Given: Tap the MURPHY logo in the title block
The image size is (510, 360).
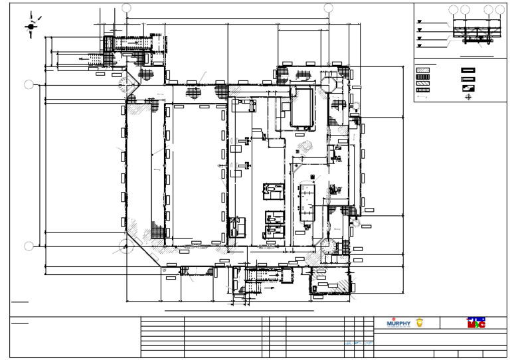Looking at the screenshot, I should click(398, 323).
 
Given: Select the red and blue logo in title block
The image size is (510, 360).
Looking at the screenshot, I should click(476, 323).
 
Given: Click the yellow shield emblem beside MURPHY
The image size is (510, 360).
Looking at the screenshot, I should click(419, 323).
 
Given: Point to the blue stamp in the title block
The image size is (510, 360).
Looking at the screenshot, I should click(357, 343).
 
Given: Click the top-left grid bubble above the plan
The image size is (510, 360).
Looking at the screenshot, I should click(127, 8).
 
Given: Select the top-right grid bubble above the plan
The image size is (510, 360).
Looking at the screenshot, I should click(328, 8).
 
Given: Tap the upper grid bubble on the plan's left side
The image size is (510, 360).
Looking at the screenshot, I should click(29, 84).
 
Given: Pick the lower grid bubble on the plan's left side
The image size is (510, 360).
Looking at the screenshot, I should click(29, 246).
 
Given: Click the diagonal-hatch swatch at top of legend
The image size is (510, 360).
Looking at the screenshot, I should click(422, 69).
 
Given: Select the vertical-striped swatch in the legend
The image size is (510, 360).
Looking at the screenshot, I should click(422, 78).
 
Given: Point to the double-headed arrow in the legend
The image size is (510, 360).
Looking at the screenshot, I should click(422, 98).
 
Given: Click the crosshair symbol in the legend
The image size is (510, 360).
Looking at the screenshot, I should click(468, 98).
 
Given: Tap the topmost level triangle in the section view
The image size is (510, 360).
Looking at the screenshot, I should click(419, 21).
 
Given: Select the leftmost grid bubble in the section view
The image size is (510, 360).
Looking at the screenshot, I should click(454, 9).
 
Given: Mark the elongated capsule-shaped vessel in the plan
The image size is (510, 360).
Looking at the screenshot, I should click(307, 200).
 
